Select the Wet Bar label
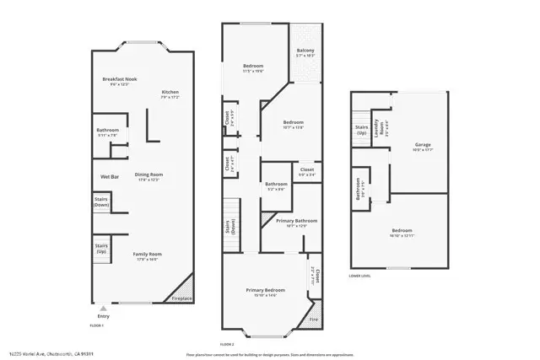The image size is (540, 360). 110,176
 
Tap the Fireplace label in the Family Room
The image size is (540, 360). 181,298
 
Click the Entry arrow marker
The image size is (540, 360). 104,309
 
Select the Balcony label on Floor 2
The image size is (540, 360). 305,51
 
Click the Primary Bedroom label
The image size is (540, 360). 266,290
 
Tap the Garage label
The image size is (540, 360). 422,144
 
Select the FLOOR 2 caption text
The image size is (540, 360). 226,345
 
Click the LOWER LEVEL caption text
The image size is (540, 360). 359,275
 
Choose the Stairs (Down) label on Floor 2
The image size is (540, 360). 229,226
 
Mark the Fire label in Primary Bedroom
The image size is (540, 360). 313,319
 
